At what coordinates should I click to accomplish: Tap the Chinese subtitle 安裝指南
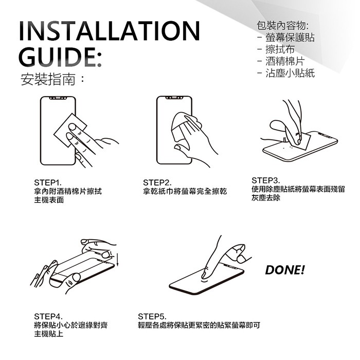point(48,80)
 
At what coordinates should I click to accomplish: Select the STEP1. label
point(48,183)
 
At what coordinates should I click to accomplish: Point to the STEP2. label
point(157,183)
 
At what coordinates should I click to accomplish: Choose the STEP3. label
point(266,180)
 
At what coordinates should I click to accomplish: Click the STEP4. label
point(48,316)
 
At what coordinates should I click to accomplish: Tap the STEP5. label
point(152,316)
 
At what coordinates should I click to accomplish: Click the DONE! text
point(285,270)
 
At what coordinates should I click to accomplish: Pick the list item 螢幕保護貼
point(290,37)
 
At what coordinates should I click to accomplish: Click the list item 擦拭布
point(280,49)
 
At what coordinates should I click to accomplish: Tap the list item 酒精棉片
point(285,61)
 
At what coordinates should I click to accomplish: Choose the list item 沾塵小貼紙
point(290,73)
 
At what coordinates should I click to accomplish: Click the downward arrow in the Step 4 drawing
point(117,259)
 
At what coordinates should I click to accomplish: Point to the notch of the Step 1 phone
point(58,98)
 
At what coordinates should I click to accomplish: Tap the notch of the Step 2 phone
point(174,98)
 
